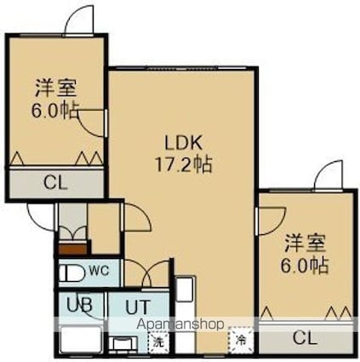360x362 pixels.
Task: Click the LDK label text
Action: click(184, 142)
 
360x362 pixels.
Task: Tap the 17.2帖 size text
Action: click(183, 164)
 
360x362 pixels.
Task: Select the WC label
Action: click(99, 271)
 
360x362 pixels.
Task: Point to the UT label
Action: click(137, 307)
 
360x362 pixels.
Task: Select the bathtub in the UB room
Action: click(82, 340)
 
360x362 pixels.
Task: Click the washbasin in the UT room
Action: click(123, 344)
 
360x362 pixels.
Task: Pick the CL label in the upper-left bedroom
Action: click(55, 182)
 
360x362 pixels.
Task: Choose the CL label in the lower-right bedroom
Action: click(305, 338)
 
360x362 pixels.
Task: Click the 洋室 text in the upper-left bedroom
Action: click(55, 89)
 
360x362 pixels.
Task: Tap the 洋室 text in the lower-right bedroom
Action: click(306, 244)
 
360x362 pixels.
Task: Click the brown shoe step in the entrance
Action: click(72, 249)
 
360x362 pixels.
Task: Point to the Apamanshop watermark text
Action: click(180, 324)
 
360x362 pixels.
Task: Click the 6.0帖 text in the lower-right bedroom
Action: click(305, 265)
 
